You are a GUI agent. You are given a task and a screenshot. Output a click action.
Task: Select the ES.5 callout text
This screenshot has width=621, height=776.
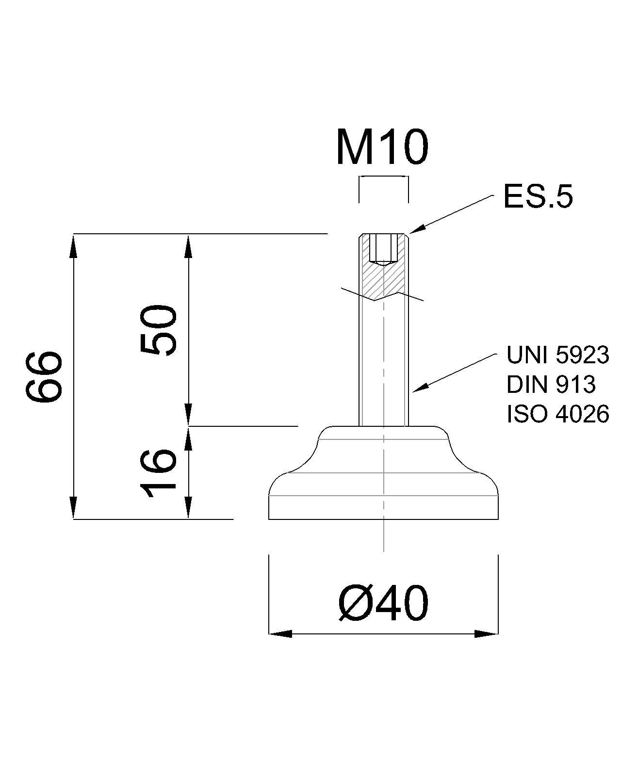coord(538,197)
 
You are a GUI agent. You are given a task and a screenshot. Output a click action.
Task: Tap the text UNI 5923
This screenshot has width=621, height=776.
coord(558,355)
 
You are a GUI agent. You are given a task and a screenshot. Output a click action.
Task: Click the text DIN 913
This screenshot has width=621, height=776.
coord(551,384)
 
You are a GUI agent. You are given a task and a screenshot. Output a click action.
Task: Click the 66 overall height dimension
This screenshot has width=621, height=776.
coord(44,376)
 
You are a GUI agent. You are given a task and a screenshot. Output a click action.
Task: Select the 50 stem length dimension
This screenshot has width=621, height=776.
coord(158,330)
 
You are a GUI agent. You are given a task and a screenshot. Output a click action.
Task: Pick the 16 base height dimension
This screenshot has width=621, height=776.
coord(158,473)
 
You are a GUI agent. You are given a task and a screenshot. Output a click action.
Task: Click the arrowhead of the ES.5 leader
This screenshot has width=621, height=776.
coord(417,229)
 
